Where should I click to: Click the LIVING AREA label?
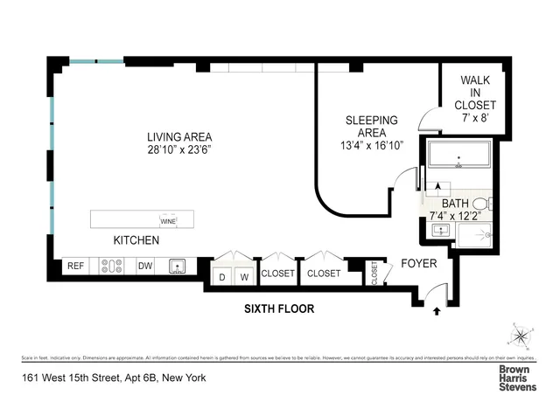click(x=179, y=136)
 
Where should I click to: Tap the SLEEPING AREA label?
click(x=371, y=121)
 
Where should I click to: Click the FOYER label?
click(x=418, y=263)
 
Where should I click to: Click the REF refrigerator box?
click(x=76, y=267)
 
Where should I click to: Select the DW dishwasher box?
click(x=147, y=267)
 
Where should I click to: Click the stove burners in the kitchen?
click(x=112, y=267)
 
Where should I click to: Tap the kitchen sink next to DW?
click(x=179, y=267)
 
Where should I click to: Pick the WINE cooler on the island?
click(x=167, y=220)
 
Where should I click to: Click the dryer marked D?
click(x=222, y=278)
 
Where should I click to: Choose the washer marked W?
click(x=245, y=278)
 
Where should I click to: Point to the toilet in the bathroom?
click(x=491, y=204)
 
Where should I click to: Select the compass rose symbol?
click(x=520, y=336)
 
